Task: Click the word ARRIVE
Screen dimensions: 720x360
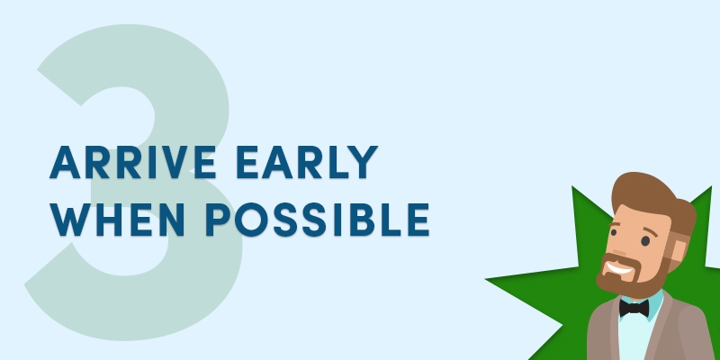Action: coord(133,162)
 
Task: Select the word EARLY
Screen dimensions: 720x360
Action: coord(307,162)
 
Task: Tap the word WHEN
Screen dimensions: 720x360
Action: coord(118,220)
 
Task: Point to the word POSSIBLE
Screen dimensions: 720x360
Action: coord(318,220)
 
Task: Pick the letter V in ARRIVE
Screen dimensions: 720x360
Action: coord(172,162)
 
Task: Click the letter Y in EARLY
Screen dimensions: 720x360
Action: coord(362,162)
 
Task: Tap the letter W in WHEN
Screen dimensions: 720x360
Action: coord(69,220)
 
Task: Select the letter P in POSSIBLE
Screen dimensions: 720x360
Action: coord(218,220)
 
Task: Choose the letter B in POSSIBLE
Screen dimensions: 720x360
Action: coord(362,220)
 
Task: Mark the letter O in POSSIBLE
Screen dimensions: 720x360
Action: coord(252,220)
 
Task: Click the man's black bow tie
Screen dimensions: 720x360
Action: coord(634,308)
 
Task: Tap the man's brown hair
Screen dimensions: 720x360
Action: coord(652,195)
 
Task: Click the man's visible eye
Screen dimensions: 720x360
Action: coord(645,240)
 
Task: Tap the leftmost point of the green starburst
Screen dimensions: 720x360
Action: coord(486,278)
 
